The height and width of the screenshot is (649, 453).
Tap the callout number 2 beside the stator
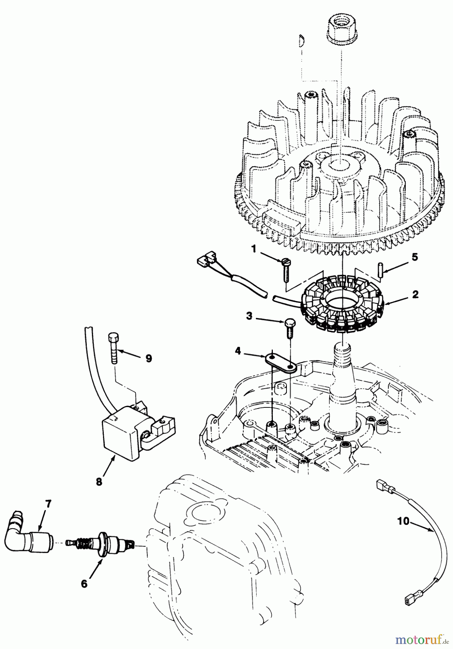coord(415,295)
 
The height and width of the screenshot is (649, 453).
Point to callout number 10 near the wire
coord(404,521)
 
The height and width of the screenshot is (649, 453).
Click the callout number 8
coord(99,481)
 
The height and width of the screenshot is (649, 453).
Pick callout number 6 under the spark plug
coord(84,583)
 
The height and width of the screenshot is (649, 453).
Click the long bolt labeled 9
coord(112,348)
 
